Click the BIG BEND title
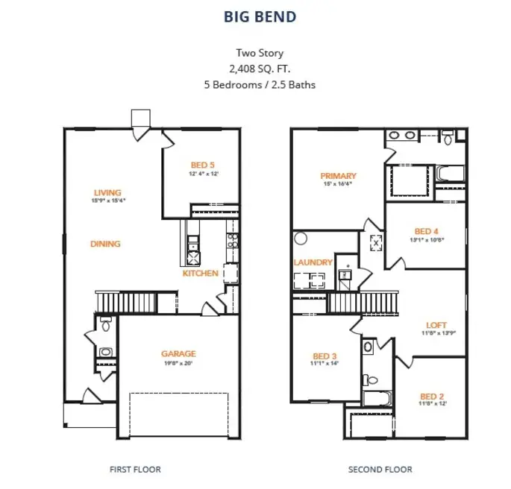point(260,16)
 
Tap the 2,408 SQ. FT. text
point(260,69)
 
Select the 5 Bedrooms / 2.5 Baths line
point(260,84)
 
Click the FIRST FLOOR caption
point(135,470)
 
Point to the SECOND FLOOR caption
point(380,470)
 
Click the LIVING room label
point(107,192)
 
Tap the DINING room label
point(105,244)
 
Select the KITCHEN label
point(201,273)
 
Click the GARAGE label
point(178,353)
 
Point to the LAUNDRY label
point(313,262)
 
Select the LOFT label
point(436,325)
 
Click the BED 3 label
point(325,355)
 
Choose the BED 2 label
point(432,396)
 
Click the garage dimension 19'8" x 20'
point(178,363)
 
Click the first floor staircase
point(126,303)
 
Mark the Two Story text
point(260,53)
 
